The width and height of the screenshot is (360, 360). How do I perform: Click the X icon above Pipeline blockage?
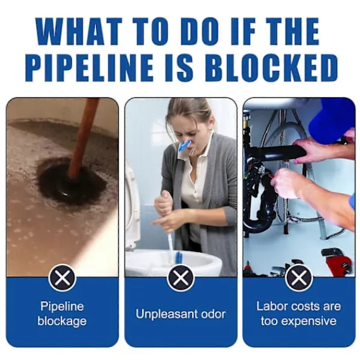[62, 278]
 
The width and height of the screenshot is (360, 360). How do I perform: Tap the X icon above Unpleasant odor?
[181, 278]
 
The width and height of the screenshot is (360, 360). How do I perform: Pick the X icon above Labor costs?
[299, 278]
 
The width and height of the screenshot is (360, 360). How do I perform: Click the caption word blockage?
[62, 321]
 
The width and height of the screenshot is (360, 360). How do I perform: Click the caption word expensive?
[309, 321]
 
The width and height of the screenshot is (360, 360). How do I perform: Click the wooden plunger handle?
[83, 138]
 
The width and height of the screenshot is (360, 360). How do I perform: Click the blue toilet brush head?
[178, 258]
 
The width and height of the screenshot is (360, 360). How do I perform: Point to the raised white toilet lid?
[133, 206]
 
